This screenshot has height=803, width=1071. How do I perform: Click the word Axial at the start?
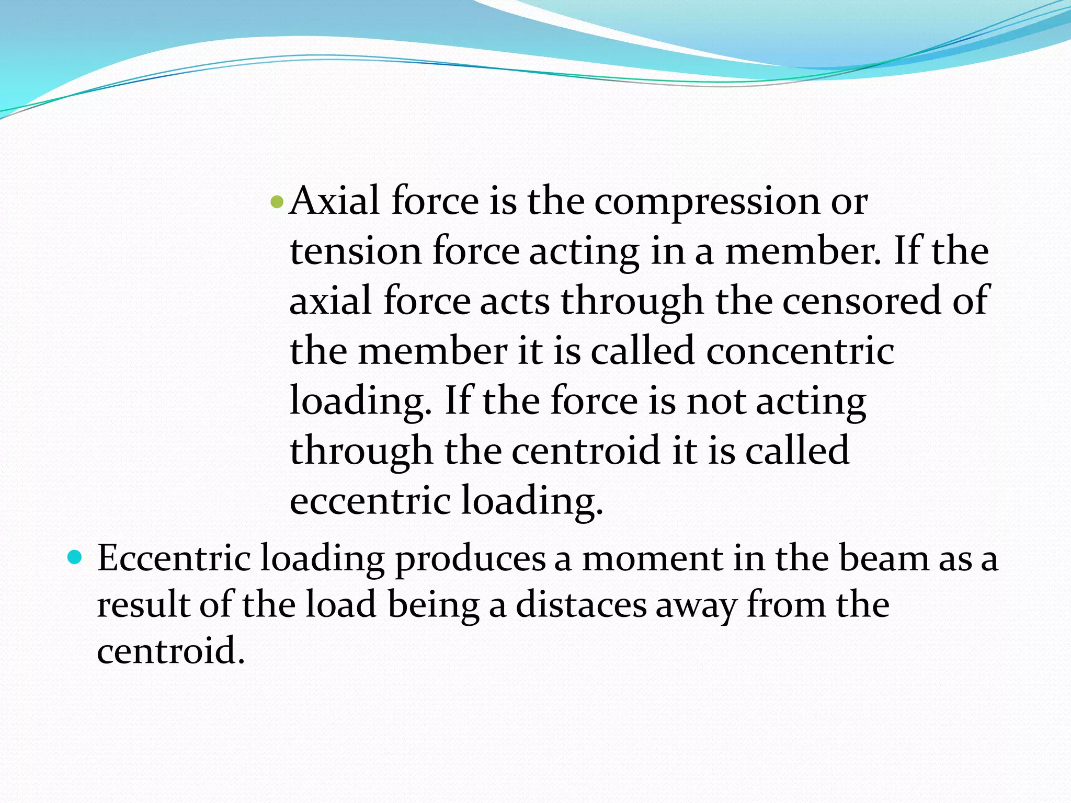pos(335,201)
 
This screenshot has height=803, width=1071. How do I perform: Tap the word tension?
pos(356,251)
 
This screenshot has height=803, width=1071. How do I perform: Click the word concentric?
pos(800,351)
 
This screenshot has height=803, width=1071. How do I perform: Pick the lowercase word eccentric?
pos(370,501)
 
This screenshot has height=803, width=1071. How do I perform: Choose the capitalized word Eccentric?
pos(174,558)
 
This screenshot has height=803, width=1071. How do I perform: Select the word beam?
pos(884,558)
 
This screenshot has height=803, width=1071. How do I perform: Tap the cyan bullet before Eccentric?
pos(75,557)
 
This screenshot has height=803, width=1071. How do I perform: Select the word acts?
pos(515,302)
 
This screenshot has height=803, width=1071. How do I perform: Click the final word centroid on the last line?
pos(170,651)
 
